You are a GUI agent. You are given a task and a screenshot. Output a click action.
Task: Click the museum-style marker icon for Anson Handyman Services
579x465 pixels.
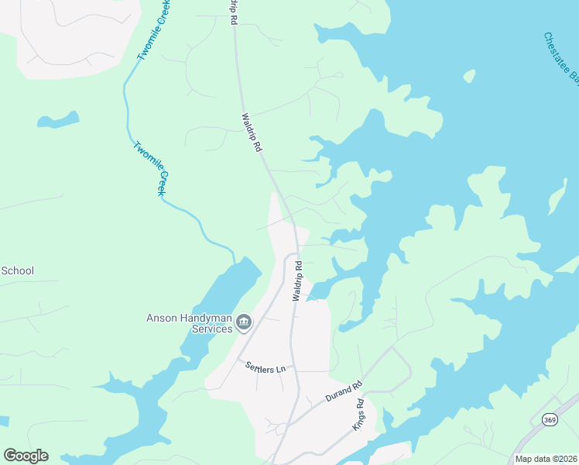244,322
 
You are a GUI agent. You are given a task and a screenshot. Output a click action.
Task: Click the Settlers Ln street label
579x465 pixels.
266,368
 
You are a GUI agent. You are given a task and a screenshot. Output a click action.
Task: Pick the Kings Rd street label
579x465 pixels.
360,416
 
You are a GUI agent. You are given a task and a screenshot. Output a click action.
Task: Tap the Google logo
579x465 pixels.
26,456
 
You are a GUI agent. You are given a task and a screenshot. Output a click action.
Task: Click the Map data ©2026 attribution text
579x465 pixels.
546,459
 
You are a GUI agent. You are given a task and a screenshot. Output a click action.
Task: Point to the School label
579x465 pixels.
17,270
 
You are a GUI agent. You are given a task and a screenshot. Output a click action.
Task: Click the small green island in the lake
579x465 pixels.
469,75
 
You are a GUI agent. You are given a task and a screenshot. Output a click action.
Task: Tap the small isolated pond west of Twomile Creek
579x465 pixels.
58,121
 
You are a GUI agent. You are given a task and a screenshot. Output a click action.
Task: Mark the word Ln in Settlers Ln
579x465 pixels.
281,370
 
